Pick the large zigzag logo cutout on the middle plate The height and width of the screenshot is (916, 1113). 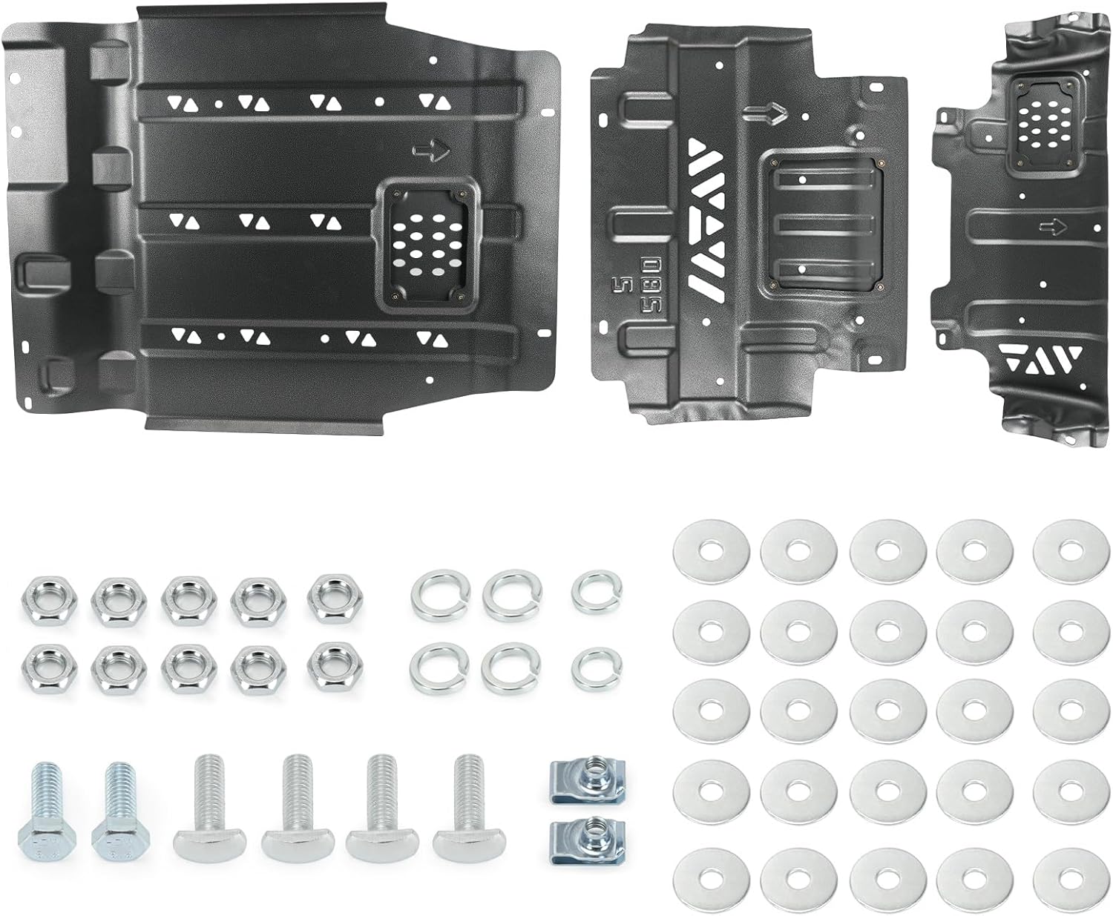tap(704, 223)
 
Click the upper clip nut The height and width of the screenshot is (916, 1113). tap(577, 776)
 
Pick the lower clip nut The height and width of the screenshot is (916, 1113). tap(577, 837)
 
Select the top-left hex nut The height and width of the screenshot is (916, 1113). tap(42, 597)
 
